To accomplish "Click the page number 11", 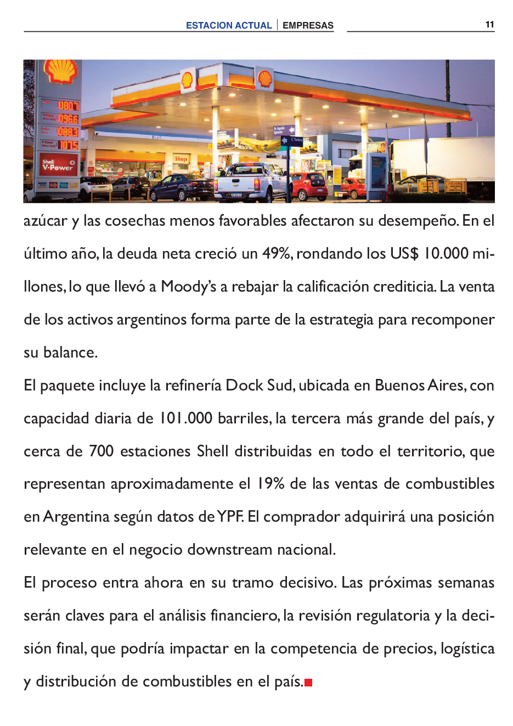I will tap(489, 24).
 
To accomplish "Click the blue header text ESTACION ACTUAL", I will tap(229, 25).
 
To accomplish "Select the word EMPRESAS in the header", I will tap(308, 25).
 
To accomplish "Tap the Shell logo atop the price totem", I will tap(60, 71).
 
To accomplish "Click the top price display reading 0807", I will tap(68, 105).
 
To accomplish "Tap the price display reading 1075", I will tap(68, 145).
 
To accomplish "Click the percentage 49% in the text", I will tap(277, 254).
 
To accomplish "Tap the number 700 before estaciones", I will tap(101, 451).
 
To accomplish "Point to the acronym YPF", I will tap(230, 517).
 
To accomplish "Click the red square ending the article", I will tap(308, 683).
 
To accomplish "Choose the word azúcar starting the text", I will tap(46, 221).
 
